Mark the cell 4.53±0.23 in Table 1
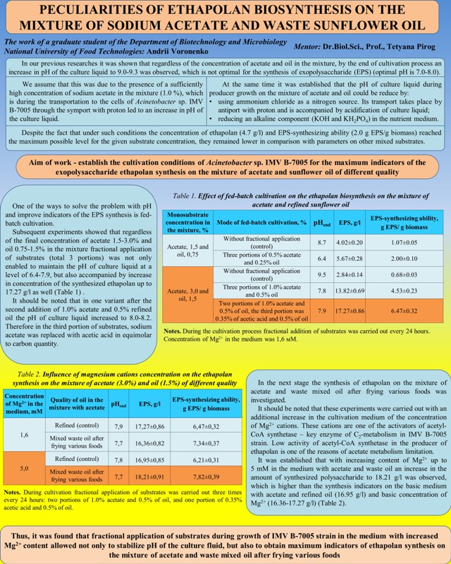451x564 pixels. tap(404, 290)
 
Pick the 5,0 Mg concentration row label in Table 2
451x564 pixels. tap(24, 467)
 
